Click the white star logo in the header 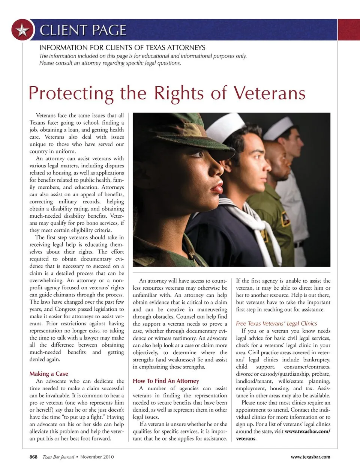(22, 30)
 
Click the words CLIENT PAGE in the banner (83, 30)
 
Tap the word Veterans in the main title (269, 93)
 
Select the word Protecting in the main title (71, 93)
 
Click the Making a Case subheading (49, 373)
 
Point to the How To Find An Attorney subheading (166, 381)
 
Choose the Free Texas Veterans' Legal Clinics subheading (276, 324)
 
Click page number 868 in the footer (33, 457)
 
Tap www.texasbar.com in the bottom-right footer (310, 457)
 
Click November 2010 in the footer (97, 457)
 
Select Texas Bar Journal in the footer (58, 457)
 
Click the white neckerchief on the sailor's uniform (259, 225)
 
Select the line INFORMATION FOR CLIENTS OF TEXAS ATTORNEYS (122, 48)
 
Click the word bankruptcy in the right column (316, 360)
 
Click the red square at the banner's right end (349, 30)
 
